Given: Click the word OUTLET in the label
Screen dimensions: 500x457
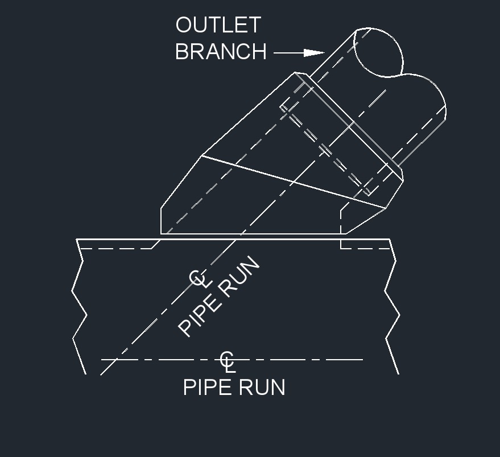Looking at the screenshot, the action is [218, 25].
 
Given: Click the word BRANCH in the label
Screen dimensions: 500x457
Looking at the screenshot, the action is [221, 51].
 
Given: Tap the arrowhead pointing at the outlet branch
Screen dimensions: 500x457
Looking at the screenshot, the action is [314, 53].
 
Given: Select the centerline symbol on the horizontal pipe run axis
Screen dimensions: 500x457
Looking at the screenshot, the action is [228, 362].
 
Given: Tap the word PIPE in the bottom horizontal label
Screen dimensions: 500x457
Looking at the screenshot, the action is [207, 388].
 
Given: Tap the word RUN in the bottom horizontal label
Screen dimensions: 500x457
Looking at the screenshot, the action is [261, 388].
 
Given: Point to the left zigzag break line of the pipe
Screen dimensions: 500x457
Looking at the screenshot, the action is [80, 306].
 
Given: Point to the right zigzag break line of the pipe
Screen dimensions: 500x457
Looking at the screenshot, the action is [392, 306].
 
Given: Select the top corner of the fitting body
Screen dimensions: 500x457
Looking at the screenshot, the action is [295, 72].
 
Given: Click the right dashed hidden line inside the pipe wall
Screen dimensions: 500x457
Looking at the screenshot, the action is [365, 248].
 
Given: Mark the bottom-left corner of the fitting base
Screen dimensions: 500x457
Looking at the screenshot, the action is [161, 234].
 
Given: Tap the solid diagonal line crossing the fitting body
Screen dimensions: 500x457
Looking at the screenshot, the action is [294, 182].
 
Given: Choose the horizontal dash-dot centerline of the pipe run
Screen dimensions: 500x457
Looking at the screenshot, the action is [232, 360].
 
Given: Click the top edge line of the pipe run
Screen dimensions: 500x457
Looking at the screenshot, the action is [233, 238].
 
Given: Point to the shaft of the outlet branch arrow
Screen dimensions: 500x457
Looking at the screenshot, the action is [289, 53].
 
